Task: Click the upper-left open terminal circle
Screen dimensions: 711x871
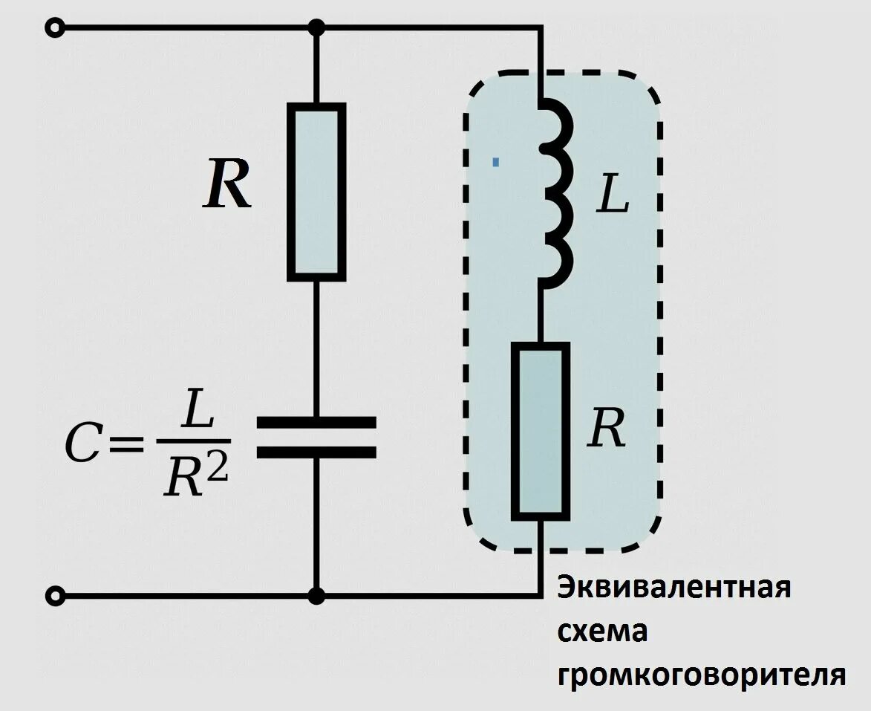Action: click(54, 28)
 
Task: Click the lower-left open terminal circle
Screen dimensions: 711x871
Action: click(54, 596)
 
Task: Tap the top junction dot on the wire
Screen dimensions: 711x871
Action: click(317, 28)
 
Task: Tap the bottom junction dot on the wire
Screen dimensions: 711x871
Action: click(317, 596)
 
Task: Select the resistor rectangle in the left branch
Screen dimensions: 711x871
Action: click(317, 192)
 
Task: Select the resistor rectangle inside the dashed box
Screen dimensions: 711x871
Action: click(541, 431)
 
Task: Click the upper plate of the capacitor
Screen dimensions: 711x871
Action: click(316, 423)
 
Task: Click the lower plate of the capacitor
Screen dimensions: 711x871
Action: click(316, 452)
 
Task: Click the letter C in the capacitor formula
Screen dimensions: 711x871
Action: click(81, 445)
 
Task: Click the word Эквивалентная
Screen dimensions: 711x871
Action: click(674, 587)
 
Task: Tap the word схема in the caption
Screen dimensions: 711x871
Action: click(602, 632)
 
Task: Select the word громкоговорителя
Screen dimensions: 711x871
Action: click(702, 675)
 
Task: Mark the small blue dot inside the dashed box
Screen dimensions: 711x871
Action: click(495, 160)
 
